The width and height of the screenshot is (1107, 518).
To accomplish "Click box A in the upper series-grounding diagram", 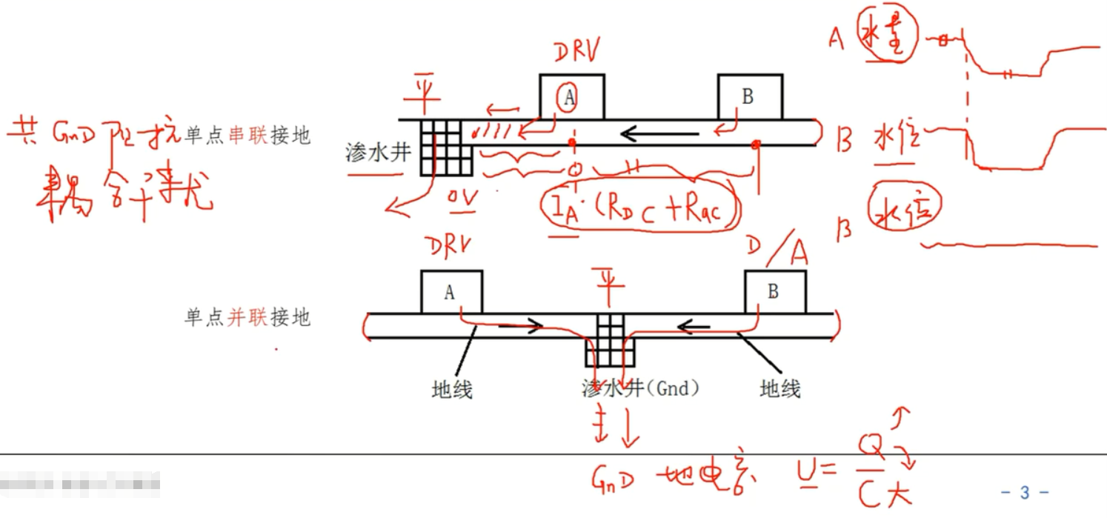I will click(571, 97).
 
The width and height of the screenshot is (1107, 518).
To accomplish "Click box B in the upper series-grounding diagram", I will click(750, 97).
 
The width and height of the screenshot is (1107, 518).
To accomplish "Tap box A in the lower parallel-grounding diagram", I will click(452, 292).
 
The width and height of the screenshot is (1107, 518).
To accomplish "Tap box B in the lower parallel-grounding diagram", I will click(775, 292).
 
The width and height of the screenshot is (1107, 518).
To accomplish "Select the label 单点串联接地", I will click(247, 136).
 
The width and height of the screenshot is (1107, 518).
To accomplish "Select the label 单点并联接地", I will click(247, 318).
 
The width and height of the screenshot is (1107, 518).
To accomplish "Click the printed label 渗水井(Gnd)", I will click(642, 388).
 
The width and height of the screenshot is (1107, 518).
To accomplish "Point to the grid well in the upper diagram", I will click(445, 147).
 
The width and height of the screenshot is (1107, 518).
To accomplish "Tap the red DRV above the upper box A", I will click(578, 52).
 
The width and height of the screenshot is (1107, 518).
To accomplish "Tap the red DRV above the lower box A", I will click(448, 248).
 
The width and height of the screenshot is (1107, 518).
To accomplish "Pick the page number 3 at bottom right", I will click(1025, 492).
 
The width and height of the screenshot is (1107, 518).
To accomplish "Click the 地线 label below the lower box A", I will click(451, 388).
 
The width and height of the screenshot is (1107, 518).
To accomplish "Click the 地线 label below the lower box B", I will click(780, 388).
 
